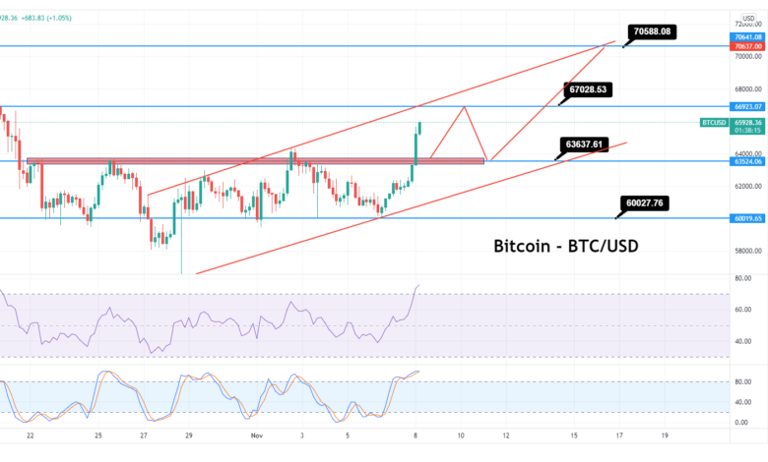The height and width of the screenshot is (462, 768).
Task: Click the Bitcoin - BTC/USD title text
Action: [x=565, y=246]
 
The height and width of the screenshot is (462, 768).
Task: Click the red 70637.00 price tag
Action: [x=744, y=45]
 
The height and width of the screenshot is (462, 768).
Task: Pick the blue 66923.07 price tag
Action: [x=744, y=105]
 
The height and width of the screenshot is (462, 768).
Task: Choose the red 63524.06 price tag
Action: [x=744, y=161]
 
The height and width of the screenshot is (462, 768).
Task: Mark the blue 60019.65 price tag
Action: [x=744, y=218]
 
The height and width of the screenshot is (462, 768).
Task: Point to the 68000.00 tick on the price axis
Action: [x=744, y=88]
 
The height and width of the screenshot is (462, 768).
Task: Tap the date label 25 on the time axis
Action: [x=97, y=433]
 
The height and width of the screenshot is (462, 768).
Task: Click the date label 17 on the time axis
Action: [x=619, y=433]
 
